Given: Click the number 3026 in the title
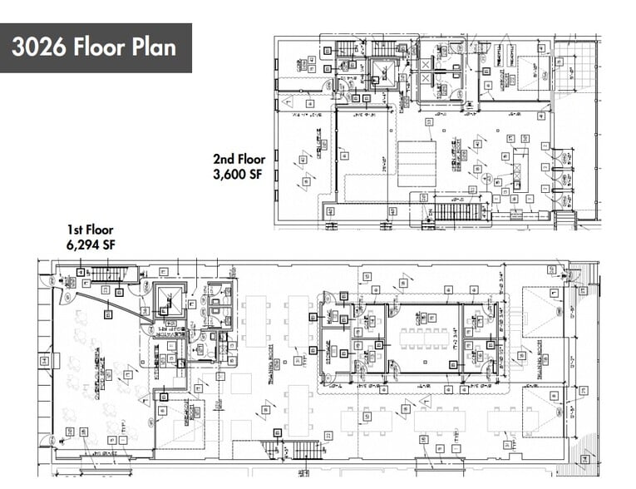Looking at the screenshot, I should pyautogui.click(x=38, y=47).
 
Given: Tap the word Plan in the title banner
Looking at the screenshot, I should pyautogui.click(x=155, y=47).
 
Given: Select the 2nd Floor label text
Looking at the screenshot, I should pyautogui.click(x=239, y=159).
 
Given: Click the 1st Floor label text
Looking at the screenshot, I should pyautogui.click(x=90, y=230).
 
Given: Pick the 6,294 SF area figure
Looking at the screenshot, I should pyautogui.click(x=90, y=245).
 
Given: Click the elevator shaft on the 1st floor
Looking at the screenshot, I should pyautogui.click(x=169, y=299).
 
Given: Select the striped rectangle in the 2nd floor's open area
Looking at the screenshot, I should pyautogui.click(x=416, y=163).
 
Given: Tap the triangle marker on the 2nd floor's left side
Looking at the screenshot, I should pyautogui.click(x=288, y=101).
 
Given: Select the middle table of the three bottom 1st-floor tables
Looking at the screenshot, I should pyautogui.click(x=437, y=420).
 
